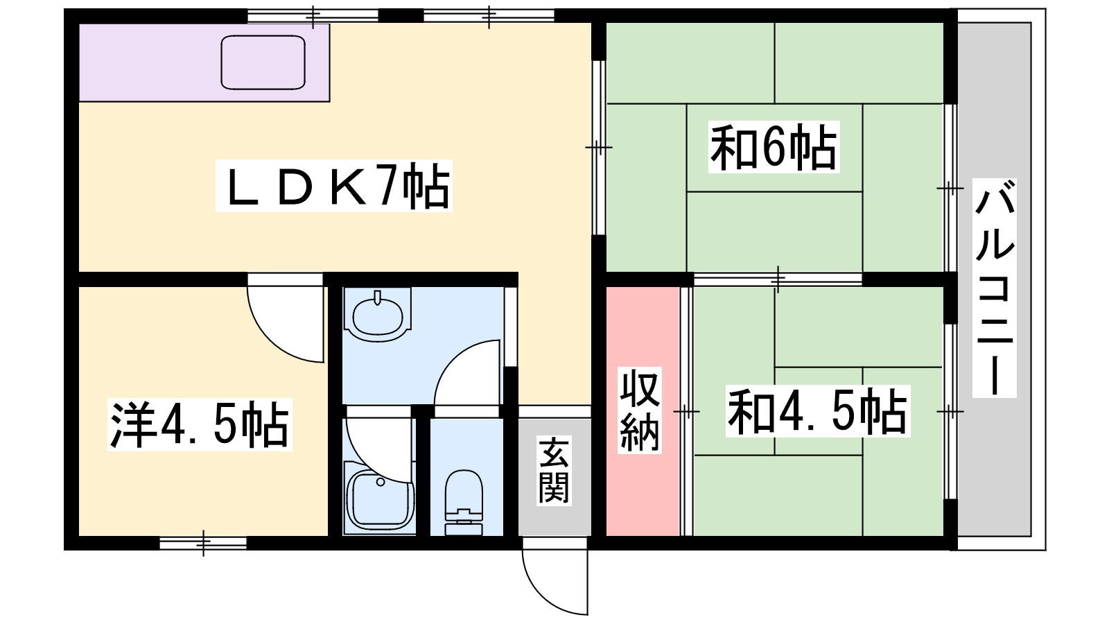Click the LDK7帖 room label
(333, 186)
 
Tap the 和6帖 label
(774, 146)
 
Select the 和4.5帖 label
(818, 411)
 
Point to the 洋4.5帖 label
(200, 425)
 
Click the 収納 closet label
(640, 410)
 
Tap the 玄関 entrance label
(554, 471)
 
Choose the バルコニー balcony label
(994, 288)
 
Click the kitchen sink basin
(263, 62)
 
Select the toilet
(464, 502)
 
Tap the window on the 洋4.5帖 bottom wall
(203, 544)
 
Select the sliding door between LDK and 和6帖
(599, 148)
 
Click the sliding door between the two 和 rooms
(778, 279)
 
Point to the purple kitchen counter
(204, 62)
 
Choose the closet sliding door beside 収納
(686, 411)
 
